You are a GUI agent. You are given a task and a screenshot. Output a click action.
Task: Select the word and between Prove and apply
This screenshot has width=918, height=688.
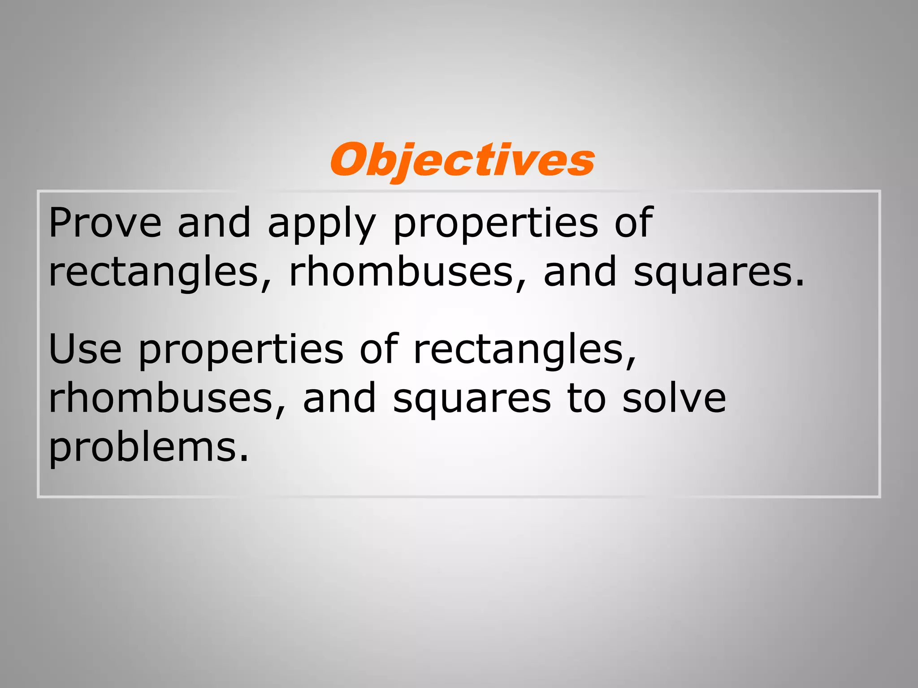[x=214, y=223]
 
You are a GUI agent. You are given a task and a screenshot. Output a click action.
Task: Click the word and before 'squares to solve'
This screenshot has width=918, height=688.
[x=339, y=398]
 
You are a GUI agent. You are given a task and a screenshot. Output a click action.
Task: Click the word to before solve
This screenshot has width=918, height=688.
[x=587, y=398]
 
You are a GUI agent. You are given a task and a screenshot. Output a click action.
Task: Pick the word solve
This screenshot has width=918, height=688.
[x=674, y=398]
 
